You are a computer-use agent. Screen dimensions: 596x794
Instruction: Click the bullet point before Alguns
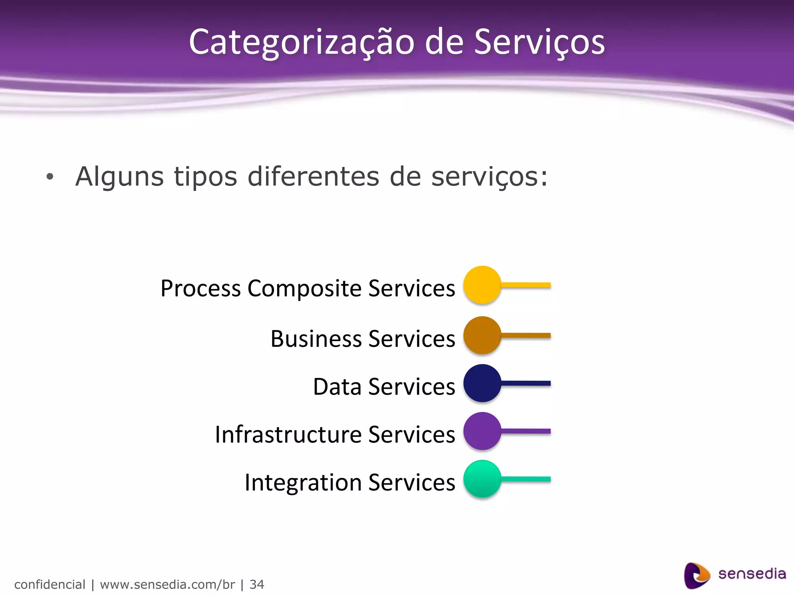tap(50, 177)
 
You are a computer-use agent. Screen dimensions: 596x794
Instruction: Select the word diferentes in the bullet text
tap(313, 176)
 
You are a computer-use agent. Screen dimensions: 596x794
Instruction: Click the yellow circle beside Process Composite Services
tap(482, 285)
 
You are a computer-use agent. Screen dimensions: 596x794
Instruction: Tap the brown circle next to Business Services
tap(482, 335)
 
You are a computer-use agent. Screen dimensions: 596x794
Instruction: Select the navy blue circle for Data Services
tap(482, 383)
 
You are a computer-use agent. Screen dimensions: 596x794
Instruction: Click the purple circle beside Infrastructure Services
tap(482, 431)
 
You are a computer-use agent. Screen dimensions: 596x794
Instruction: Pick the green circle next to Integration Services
tap(482, 479)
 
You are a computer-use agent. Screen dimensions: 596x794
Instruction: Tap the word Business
tap(316, 339)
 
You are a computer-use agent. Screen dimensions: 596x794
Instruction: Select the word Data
tap(337, 387)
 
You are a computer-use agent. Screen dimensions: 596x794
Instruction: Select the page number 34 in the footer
tap(257, 584)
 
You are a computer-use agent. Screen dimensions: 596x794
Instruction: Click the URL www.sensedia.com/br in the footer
tap(167, 584)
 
